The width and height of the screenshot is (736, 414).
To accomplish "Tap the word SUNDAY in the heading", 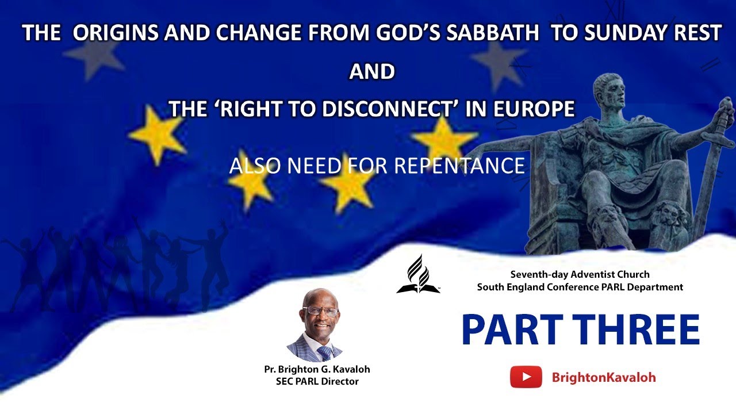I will tap(621, 33).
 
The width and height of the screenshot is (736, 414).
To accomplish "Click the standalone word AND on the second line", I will tap(372, 71).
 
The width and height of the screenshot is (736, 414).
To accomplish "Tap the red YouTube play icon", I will tap(526, 377).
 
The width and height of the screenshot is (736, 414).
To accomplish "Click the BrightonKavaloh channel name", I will tap(604, 378).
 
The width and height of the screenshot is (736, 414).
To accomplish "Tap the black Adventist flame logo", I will tap(418, 274).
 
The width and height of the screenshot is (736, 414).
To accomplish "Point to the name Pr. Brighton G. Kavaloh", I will tap(317, 369).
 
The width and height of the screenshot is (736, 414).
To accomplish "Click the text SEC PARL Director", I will tap(317, 381).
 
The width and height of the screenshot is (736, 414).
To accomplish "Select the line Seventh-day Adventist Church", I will tap(580, 274).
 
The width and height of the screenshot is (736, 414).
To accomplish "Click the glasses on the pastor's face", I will tap(313, 311).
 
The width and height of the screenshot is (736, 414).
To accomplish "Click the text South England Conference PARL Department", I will tap(580, 287).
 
